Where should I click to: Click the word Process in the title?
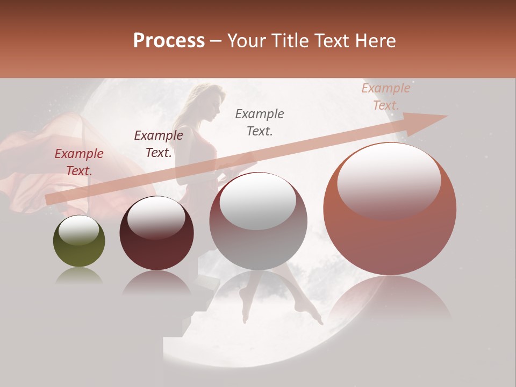click(x=169, y=41)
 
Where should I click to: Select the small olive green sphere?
click(x=79, y=242)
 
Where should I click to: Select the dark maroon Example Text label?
click(x=158, y=144)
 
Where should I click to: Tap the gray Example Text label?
click(x=260, y=123)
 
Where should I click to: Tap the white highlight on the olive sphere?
click(x=78, y=231)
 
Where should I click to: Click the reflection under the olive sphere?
click(x=78, y=277)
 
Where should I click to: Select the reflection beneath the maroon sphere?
click(x=156, y=282)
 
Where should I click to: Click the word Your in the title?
click(x=246, y=41)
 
